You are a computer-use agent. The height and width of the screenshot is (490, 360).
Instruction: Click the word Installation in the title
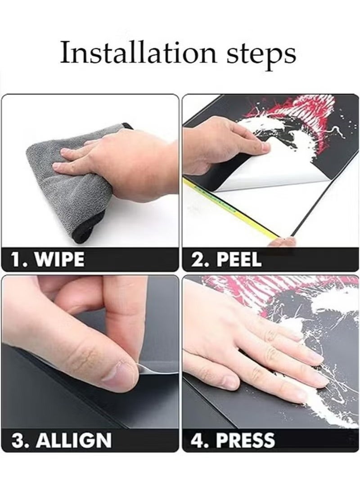(x=138, y=53)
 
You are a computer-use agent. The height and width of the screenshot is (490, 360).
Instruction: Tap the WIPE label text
(x=59, y=259)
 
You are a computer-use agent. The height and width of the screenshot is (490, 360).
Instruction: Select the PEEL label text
(x=239, y=259)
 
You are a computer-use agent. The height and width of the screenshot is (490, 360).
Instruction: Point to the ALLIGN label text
(x=74, y=440)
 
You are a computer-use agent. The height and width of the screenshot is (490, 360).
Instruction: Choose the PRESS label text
(x=246, y=440)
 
